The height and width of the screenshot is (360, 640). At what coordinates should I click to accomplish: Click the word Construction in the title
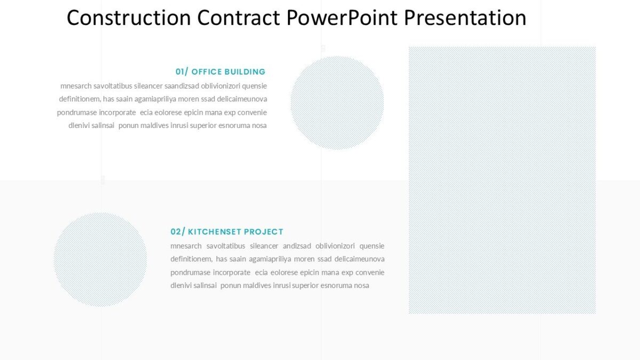click(129, 18)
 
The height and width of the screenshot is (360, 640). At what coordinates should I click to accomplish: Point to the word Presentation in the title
click(465, 18)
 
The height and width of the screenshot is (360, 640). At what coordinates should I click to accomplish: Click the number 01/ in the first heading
click(182, 72)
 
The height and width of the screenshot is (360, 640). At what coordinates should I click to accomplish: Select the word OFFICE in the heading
click(206, 72)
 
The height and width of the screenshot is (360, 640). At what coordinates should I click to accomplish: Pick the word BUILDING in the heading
click(245, 72)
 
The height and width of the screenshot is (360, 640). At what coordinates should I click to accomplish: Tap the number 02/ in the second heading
click(178, 232)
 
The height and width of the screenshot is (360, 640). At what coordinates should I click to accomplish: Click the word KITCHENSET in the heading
click(214, 232)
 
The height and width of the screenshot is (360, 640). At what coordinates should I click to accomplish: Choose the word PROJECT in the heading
click(263, 232)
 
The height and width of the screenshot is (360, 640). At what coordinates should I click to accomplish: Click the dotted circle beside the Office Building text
click(337, 102)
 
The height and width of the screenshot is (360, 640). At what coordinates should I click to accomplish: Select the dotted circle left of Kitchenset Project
click(100, 259)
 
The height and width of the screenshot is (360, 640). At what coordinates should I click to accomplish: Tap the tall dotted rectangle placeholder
click(502, 180)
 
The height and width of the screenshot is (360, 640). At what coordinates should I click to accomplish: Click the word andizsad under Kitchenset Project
click(297, 246)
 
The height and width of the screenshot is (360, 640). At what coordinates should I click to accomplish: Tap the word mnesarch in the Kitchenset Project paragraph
click(186, 246)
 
